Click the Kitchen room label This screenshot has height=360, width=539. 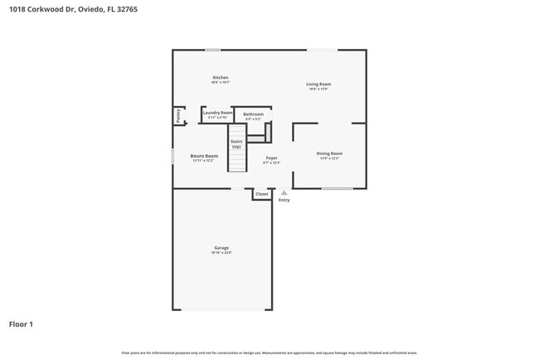coord(220,77)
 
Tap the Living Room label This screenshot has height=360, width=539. coord(319,84)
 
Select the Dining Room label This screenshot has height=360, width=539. coord(329,153)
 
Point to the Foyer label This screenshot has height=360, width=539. coord(271,158)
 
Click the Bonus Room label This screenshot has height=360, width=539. coord(203,156)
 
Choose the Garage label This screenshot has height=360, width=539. coord(221,247)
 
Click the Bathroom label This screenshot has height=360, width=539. coord(253,114)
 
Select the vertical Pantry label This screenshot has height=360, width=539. coord(178,115)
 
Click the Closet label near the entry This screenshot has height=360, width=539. coord(261,194)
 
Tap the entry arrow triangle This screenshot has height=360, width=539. coord(284,192)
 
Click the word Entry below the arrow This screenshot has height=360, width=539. coord(284,200)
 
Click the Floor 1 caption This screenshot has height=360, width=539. coord(21,324)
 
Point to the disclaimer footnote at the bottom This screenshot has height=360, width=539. coord(269,353)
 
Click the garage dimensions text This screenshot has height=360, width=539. coord(221,252)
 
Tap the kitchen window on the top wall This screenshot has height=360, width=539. coord(213,50)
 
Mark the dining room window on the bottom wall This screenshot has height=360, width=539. coord(337,188)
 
